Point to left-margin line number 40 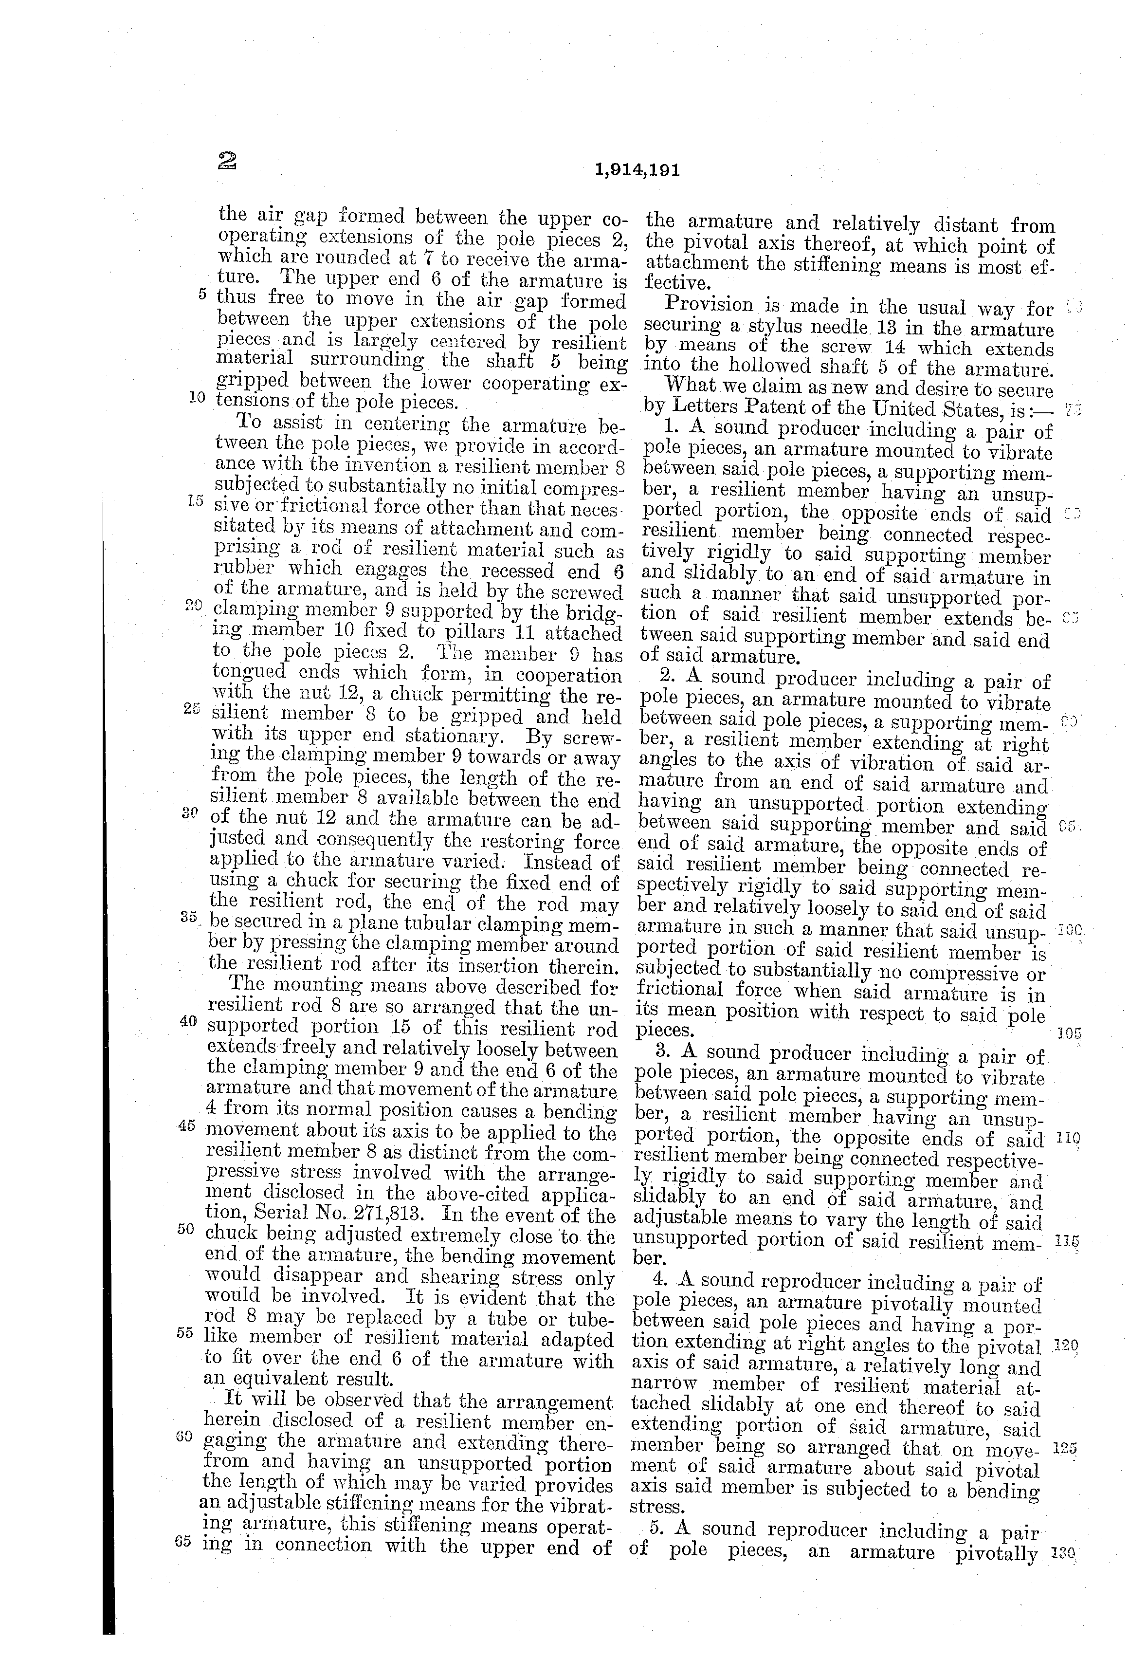188,1021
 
